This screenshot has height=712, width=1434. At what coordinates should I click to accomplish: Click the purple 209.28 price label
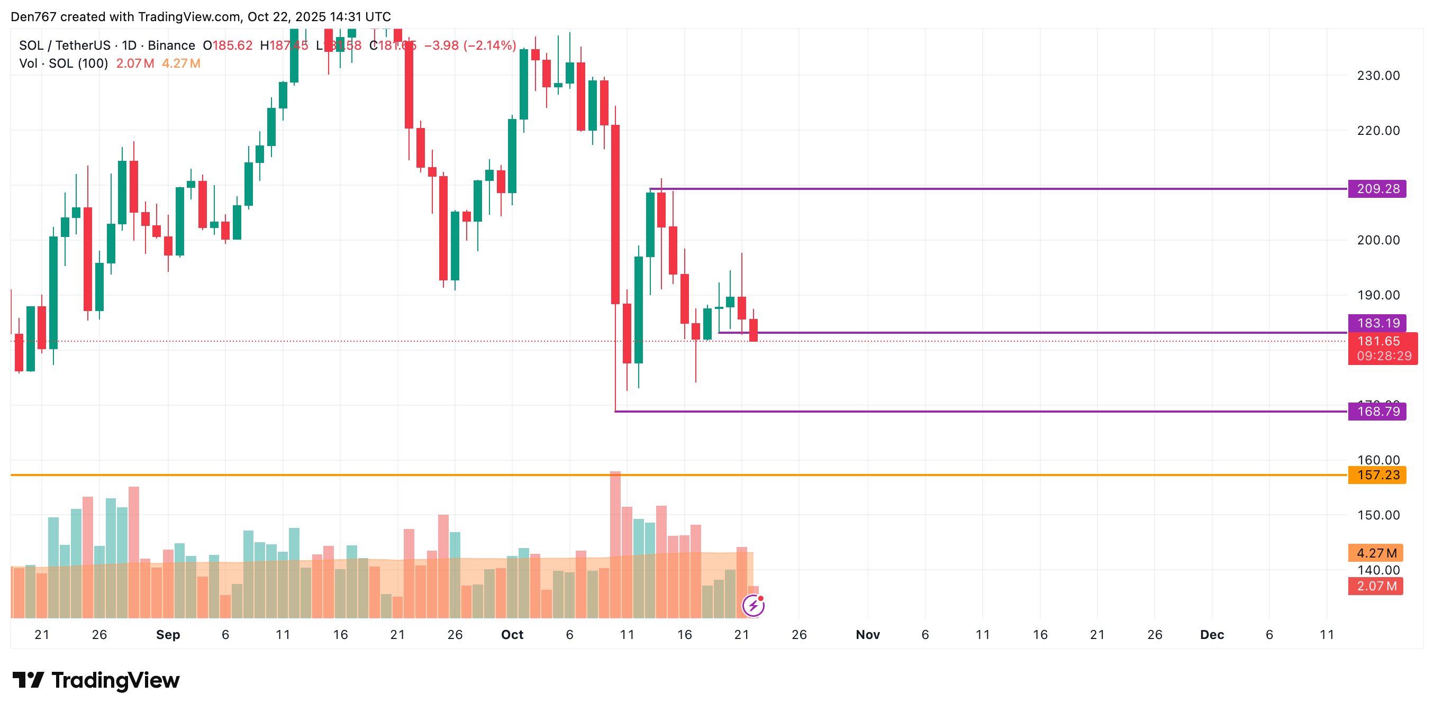[1377, 189]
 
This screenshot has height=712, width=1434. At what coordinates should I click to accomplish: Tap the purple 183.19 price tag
[1377, 323]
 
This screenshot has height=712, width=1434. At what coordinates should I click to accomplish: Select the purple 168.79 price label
[1377, 412]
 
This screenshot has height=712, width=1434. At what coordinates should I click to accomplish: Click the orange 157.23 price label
[1377, 475]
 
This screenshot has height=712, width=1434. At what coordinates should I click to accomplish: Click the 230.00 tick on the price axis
[1378, 76]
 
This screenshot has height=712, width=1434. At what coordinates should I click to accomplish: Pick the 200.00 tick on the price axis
[1378, 240]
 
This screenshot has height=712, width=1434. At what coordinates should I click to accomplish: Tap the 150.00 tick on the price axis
[1378, 515]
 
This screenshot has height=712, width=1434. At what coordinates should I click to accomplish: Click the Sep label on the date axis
[168, 635]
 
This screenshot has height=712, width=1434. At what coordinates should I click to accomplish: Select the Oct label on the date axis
[512, 635]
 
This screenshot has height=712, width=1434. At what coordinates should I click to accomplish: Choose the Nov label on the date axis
[867, 635]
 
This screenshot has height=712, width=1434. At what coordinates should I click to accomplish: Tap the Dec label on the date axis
[1211, 635]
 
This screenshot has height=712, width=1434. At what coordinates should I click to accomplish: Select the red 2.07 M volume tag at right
[1375, 586]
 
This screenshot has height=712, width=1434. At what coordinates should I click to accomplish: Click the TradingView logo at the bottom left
[96, 680]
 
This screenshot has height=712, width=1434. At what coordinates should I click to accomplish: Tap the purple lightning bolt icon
[753, 605]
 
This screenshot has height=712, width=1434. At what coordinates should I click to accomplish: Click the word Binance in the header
[171, 45]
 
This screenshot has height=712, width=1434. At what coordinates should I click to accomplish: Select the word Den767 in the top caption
[33, 17]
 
